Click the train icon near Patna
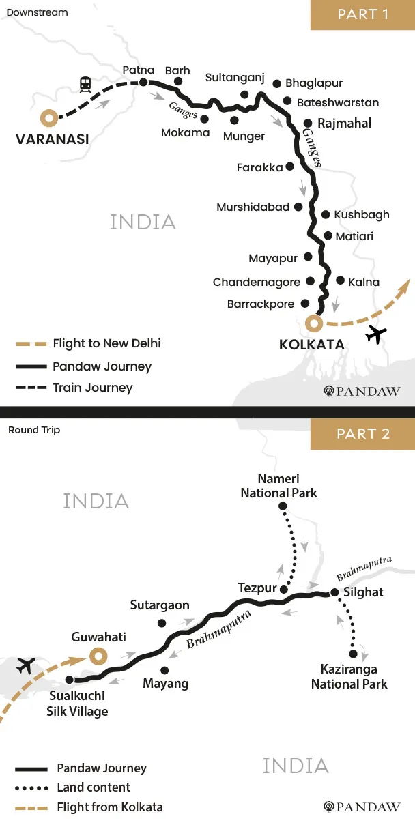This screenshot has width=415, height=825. pyautogui.click(x=85, y=85)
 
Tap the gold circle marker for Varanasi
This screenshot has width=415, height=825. pyautogui.click(x=48, y=117)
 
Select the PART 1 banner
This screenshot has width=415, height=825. pyautogui.click(x=362, y=14)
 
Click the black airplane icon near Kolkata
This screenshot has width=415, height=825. pyautogui.click(x=376, y=334)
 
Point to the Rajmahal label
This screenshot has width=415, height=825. pyautogui.click(x=345, y=124)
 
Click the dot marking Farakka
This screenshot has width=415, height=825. pyautogui.click(x=290, y=167)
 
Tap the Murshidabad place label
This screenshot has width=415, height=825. pyautogui.click(x=253, y=207)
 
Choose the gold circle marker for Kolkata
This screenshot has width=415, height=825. pyautogui.click(x=313, y=322)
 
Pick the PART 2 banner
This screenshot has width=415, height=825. pyautogui.click(x=362, y=434)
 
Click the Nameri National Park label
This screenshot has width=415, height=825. pyautogui.click(x=278, y=486)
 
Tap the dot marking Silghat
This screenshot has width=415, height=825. pyautogui.click(x=334, y=592)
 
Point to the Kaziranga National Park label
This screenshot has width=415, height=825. pyautogui.click(x=349, y=677)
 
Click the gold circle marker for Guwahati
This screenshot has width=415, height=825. pyautogui.click(x=98, y=656)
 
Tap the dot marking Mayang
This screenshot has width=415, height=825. pyautogui.click(x=164, y=670)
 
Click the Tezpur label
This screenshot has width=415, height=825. pyautogui.click(x=257, y=588)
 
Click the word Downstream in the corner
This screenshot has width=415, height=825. pyautogui.click(x=37, y=13)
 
